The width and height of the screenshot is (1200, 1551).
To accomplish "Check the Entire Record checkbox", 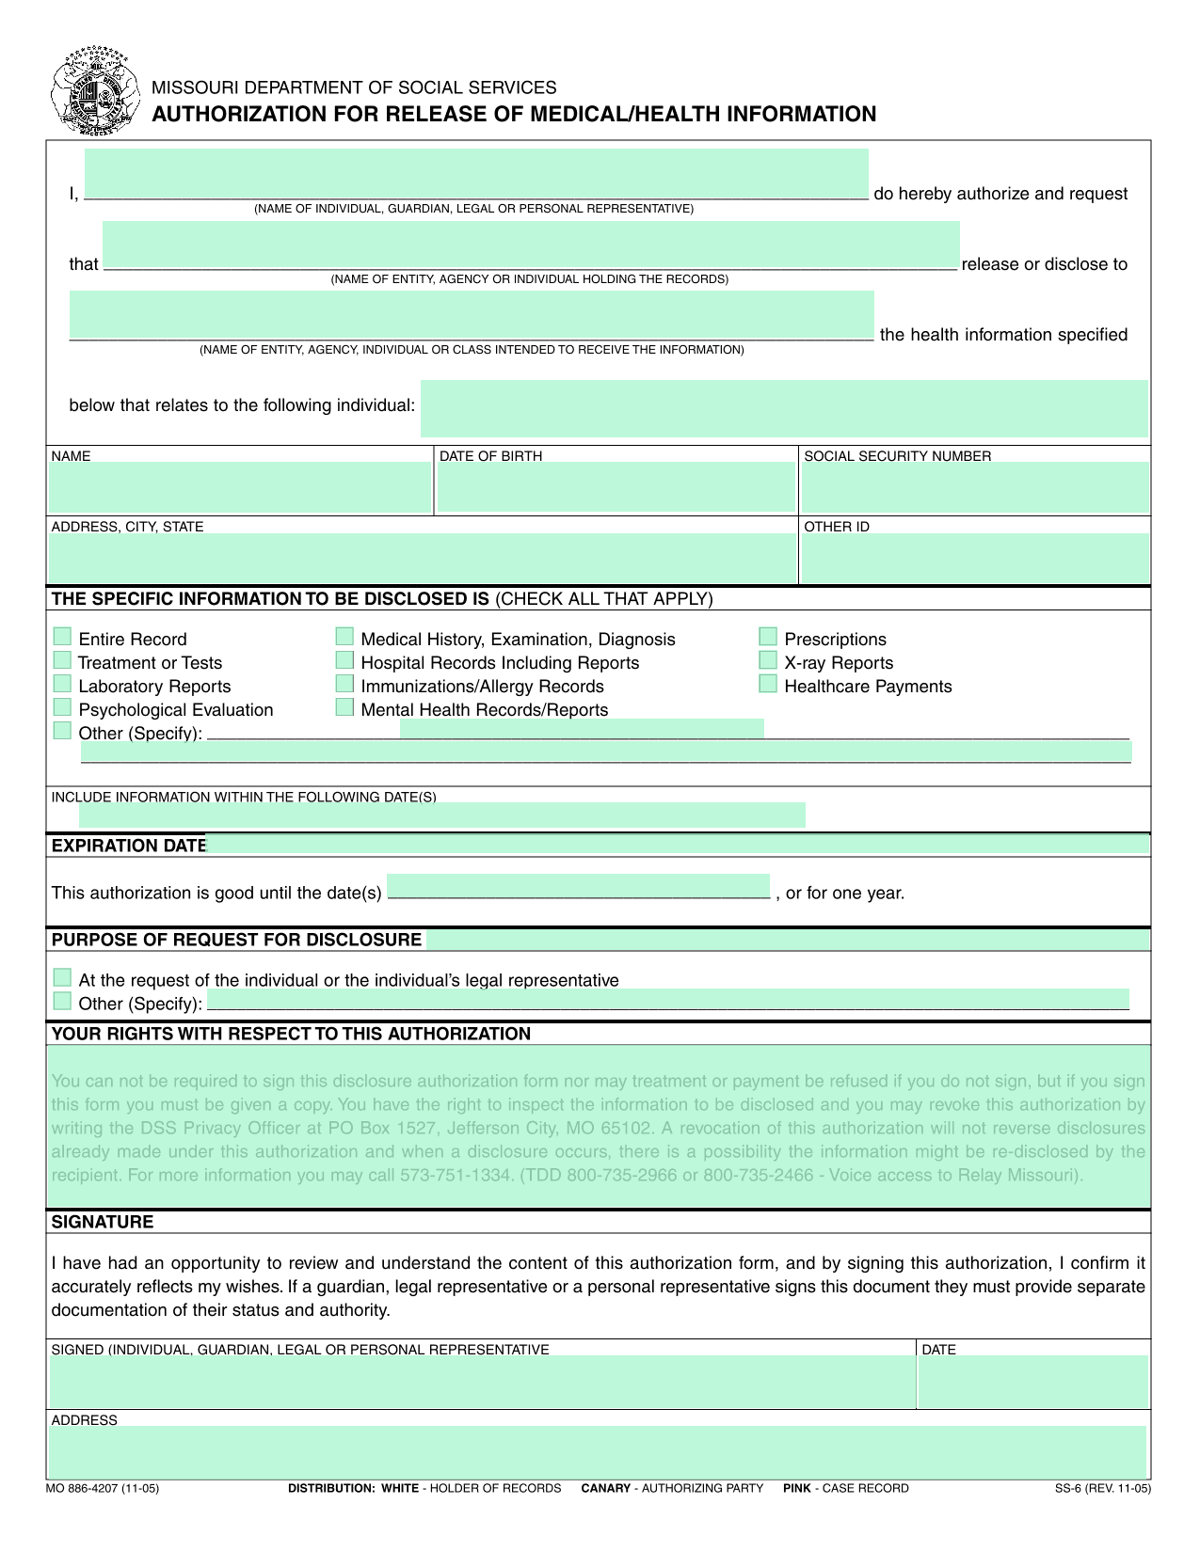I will tap(62, 637).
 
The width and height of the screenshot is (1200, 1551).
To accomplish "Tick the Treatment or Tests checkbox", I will tap(62, 660).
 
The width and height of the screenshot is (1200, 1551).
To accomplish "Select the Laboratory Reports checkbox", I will tap(62, 684).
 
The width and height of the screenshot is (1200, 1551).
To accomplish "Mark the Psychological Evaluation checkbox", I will tap(62, 707).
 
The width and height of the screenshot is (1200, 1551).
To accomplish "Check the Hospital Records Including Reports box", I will tap(344, 660).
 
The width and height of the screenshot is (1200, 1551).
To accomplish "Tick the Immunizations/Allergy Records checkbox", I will tap(344, 684).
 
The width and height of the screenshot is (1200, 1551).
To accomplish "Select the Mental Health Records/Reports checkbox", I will tap(344, 707).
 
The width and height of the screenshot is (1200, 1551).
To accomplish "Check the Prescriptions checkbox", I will tap(768, 637).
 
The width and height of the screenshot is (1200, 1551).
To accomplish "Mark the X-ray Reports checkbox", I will tap(768, 660).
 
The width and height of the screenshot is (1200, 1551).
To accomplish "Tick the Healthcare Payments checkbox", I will tap(768, 684).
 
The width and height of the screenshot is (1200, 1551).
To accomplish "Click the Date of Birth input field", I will tap(616, 488).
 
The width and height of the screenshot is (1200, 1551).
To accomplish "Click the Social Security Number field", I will tap(974, 488).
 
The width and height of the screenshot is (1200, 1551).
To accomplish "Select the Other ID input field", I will tap(974, 559).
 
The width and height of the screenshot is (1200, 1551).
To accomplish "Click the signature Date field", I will tap(1032, 1382).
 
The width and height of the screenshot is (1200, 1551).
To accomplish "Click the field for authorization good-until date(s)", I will tap(578, 886).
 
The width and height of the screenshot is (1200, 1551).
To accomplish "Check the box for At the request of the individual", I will tap(62, 977).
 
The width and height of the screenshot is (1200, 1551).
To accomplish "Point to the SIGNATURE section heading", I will tap(103, 1222).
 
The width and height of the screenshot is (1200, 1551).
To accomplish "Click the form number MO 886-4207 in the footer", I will tap(102, 1488).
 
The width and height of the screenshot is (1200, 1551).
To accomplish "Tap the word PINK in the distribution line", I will tap(796, 1488).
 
